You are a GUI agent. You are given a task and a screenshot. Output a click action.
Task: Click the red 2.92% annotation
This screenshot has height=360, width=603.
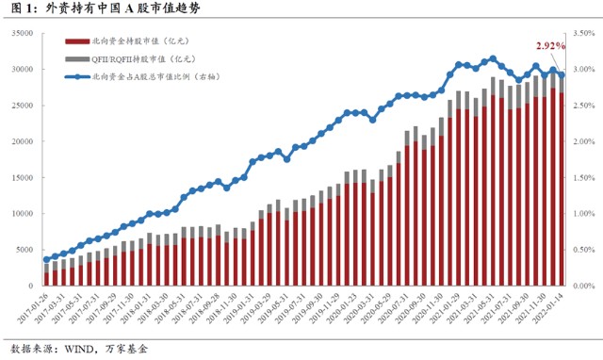pyautogui.click(x=550, y=45)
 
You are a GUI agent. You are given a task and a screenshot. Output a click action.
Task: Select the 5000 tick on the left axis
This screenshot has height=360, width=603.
pyautogui.click(x=24, y=250)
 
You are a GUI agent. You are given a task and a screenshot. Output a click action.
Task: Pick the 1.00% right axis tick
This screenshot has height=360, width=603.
pyautogui.click(x=584, y=213)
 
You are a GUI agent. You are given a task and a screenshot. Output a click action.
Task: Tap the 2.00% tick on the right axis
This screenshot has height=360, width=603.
pyautogui.click(x=584, y=141)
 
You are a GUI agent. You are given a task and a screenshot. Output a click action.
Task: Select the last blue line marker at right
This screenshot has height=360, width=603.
pyautogui.click(x=562, y=75)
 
